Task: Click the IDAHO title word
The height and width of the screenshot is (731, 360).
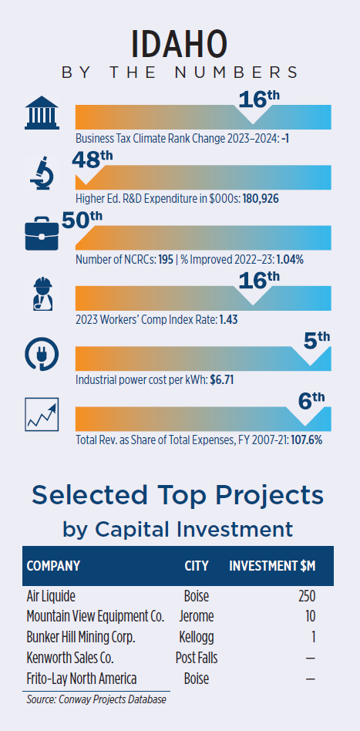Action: (180, 44)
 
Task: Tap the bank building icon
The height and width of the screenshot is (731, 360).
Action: (42, 113)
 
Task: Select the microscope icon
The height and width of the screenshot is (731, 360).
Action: (42, 173)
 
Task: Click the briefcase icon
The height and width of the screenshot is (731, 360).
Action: (42, 234)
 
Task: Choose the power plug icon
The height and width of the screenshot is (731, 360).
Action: (42, 355)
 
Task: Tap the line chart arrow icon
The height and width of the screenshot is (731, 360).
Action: (42, 414)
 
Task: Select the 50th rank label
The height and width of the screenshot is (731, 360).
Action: (82, 220)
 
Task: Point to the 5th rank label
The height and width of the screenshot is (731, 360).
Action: (317, 341)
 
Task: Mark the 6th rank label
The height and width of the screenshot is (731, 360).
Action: (311, 401)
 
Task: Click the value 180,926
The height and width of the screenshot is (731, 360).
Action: (261, 199)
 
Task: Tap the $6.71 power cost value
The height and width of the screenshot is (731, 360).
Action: (222, 380)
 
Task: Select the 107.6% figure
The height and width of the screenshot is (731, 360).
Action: (306, 440)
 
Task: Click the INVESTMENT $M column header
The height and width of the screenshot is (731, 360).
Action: (272, 566)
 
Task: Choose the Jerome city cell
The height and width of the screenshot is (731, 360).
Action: (197, 616)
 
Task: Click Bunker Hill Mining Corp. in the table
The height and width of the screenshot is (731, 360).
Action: (81, 637)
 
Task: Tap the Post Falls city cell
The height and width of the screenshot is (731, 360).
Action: (197, 658)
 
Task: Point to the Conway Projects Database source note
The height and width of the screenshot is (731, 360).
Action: (96, 699)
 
